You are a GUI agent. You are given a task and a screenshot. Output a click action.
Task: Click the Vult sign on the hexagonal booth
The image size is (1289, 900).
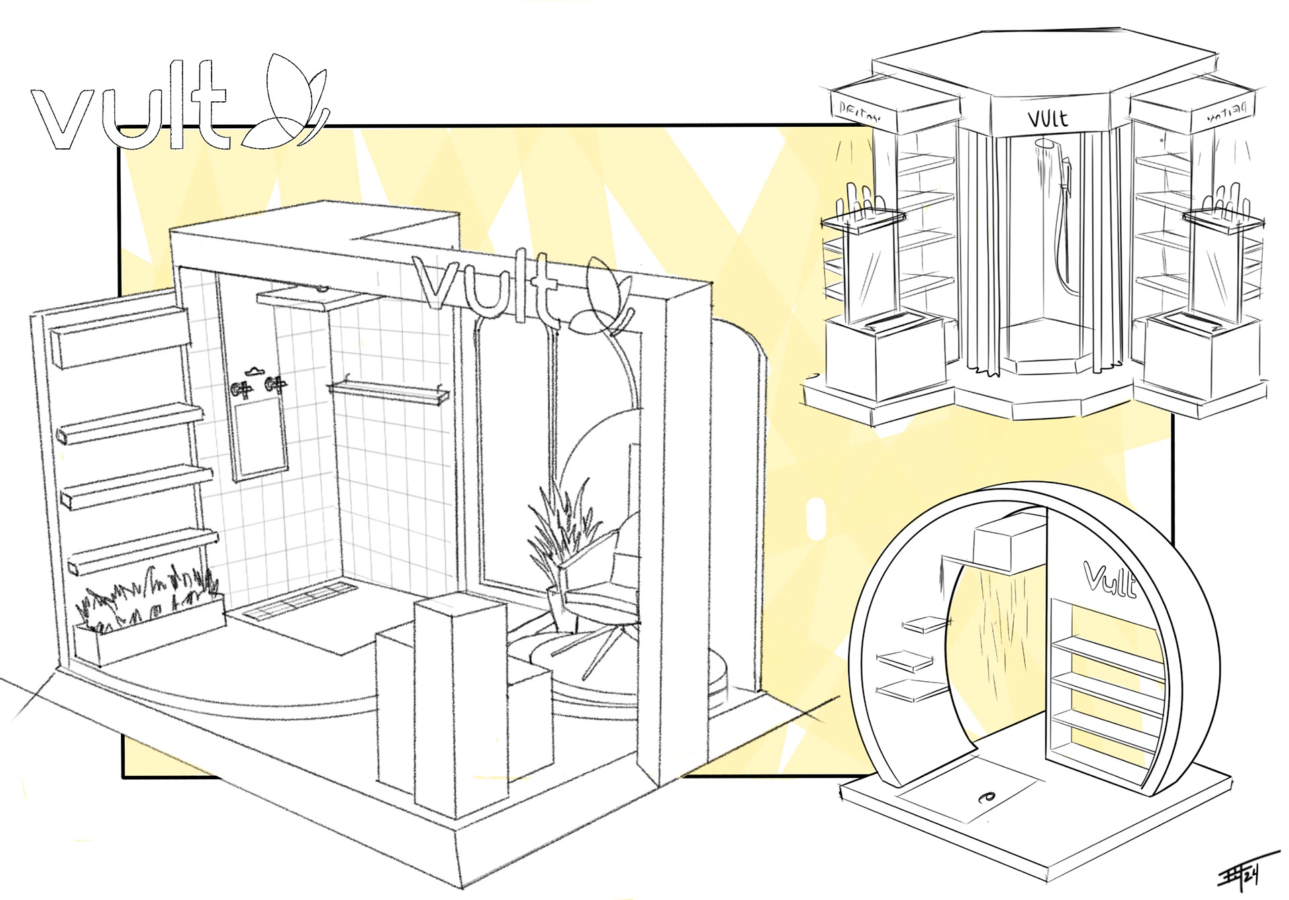click(1048, 119)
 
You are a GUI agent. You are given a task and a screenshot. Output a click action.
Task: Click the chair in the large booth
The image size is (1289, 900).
click(601, 591)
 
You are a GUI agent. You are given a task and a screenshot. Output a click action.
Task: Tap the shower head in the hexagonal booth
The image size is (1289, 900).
click(1044, 144)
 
